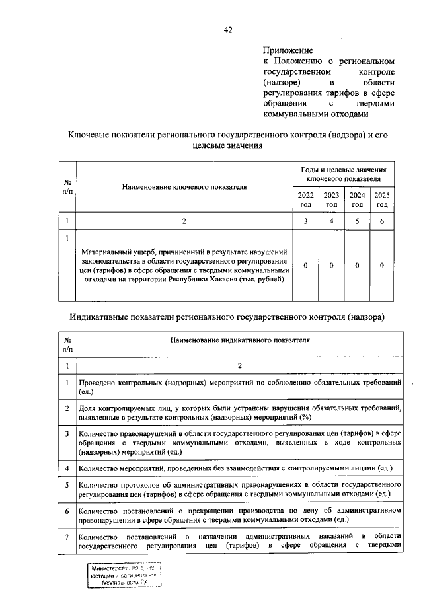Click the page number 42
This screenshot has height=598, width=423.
[228, 29]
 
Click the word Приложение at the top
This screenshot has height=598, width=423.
[288, 50]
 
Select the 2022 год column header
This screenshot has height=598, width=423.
[305, 200]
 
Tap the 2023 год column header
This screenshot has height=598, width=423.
[331, 200]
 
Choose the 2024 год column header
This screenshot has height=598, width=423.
[357, 200]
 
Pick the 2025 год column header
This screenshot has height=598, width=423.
[382, 200]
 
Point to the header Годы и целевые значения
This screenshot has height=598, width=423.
[343, 170]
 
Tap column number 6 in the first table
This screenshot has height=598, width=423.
[382, 221]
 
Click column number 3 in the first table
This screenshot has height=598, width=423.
[305, 221]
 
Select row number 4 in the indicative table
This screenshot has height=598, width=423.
[67, 468]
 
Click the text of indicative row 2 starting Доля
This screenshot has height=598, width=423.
[239, 412]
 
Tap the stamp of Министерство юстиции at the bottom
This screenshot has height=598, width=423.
[126, 576]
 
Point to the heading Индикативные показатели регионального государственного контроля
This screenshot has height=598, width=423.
[227, 317]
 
